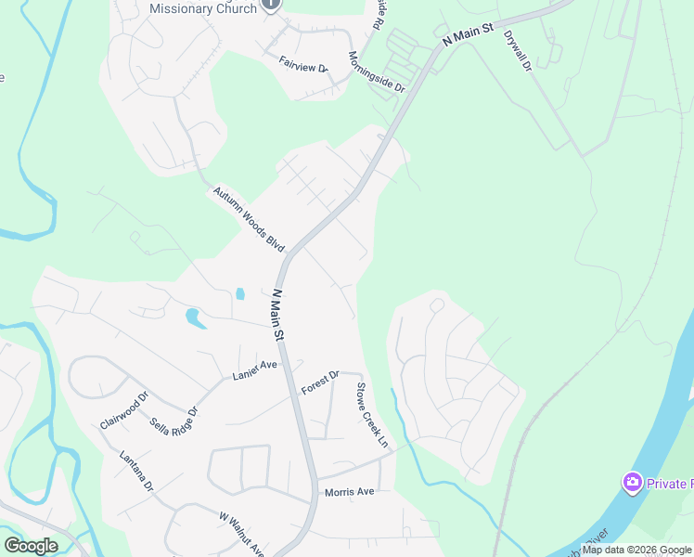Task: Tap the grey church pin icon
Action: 271,4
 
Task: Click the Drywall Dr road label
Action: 516,49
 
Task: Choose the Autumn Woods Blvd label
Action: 248,219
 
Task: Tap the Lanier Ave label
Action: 254,371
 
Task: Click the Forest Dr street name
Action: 322,382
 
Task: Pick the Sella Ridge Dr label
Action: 173,422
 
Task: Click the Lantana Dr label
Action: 135,471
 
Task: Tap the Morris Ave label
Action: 348,491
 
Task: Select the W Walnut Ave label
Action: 241,530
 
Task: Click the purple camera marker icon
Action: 633,482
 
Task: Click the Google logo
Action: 31,545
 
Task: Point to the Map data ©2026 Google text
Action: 636,550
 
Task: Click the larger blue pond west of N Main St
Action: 195,317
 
